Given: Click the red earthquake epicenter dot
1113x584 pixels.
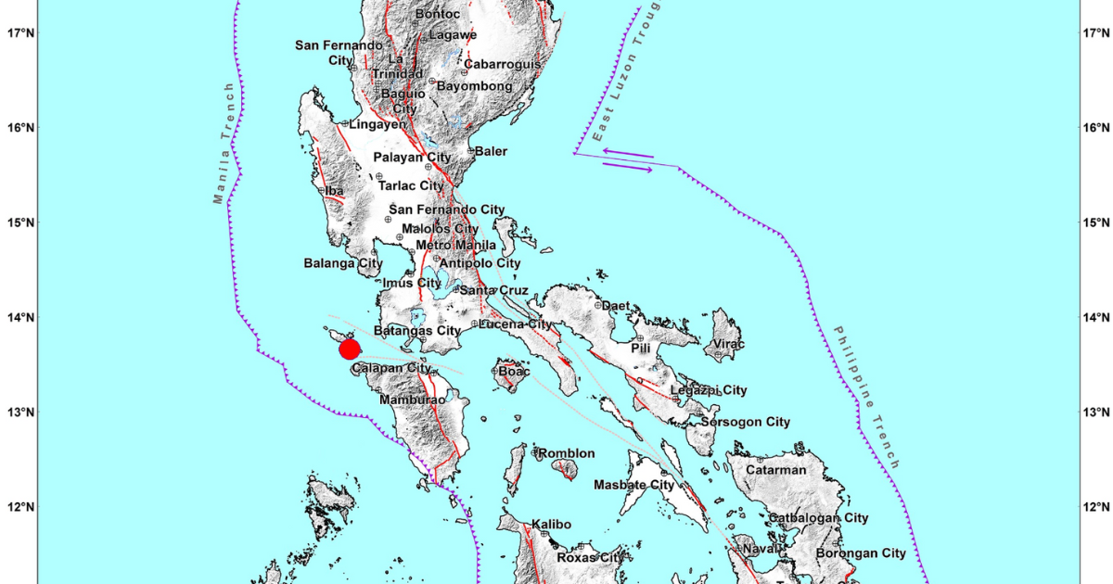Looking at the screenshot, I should tap(350, 349).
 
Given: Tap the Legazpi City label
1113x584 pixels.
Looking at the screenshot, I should tap(709, 390).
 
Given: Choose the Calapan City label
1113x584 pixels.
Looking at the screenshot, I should tap(391, 369).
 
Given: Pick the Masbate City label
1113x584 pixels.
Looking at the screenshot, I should tap(633, 485).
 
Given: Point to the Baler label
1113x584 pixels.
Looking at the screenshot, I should tap(491, 151).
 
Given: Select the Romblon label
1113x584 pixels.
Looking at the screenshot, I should tap(568, 452).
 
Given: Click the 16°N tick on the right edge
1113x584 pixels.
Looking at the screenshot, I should tap(1094, 128).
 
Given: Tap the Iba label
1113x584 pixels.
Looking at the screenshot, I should tap(335, 191).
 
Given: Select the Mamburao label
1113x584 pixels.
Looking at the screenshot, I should tap(413, 400).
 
